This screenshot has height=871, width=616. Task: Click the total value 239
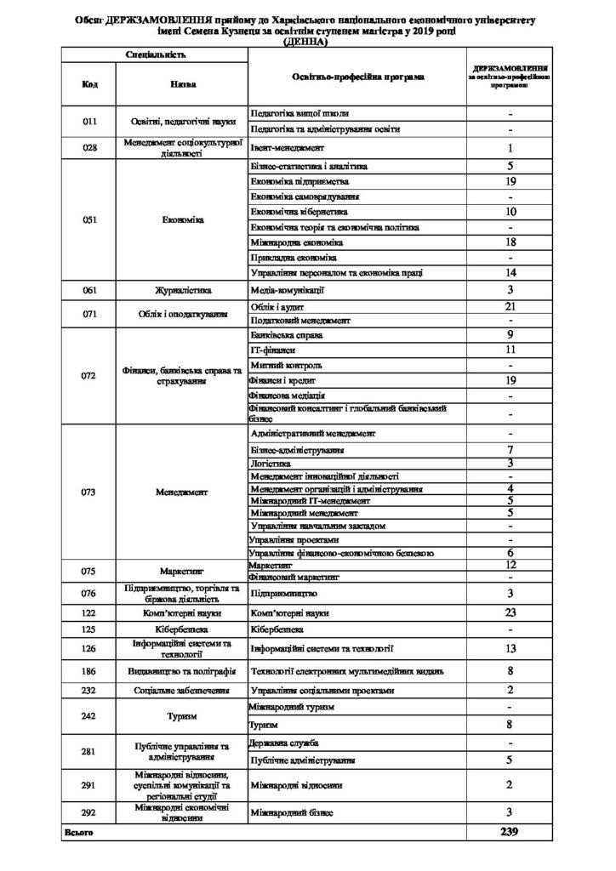(x=509, y=831)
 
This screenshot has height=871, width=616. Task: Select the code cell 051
(x=89, y=219)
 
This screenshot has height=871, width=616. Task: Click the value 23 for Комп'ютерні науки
(x=509, y=612)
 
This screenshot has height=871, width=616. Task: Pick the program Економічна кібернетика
(x=301, y=211)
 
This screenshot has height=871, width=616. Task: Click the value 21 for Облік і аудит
(x=509, y=305)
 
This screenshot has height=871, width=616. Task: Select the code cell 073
(x=89, y=492)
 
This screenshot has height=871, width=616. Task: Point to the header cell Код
(x=89, y=84)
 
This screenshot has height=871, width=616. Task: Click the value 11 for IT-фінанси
(x=509, y=350)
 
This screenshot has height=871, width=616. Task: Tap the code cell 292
(x=89, y=812)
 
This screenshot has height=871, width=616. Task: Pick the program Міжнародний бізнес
(x=291, y=812)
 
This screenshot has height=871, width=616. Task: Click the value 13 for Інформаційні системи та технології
(x=509, y=648)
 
